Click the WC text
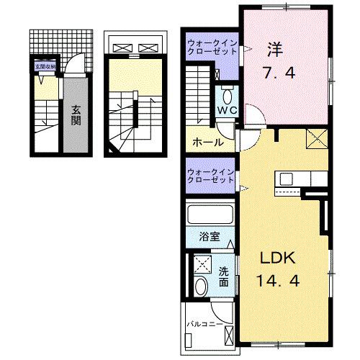227,109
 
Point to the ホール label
207,142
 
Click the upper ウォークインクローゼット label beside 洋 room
210,48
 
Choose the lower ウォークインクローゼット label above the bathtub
210,176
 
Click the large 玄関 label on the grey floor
76,115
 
